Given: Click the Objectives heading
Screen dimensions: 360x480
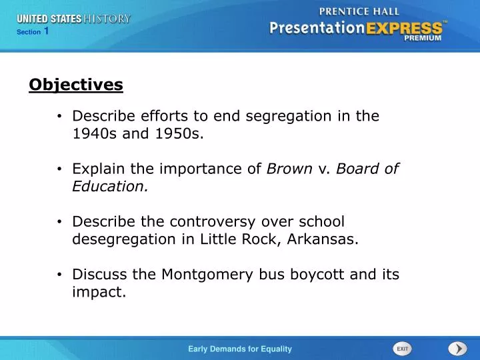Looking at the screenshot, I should click(76, 85).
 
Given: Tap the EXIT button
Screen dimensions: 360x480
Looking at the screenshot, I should click(403, 349).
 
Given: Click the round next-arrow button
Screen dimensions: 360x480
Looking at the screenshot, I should click(457, 349).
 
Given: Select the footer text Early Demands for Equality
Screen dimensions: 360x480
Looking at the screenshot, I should click(240, 349).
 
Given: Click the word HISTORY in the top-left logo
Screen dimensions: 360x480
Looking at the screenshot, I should click(107, 19).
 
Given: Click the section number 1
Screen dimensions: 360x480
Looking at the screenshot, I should click(46, 31).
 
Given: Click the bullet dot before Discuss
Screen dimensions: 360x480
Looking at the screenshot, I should click(60, 275).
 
